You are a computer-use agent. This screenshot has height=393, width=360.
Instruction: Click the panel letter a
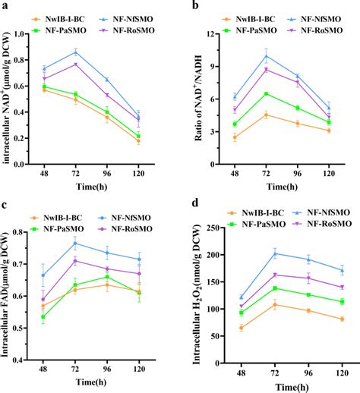6,6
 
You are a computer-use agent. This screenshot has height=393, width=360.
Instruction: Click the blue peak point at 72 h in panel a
96,52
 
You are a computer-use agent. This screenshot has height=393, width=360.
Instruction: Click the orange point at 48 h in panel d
241,328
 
